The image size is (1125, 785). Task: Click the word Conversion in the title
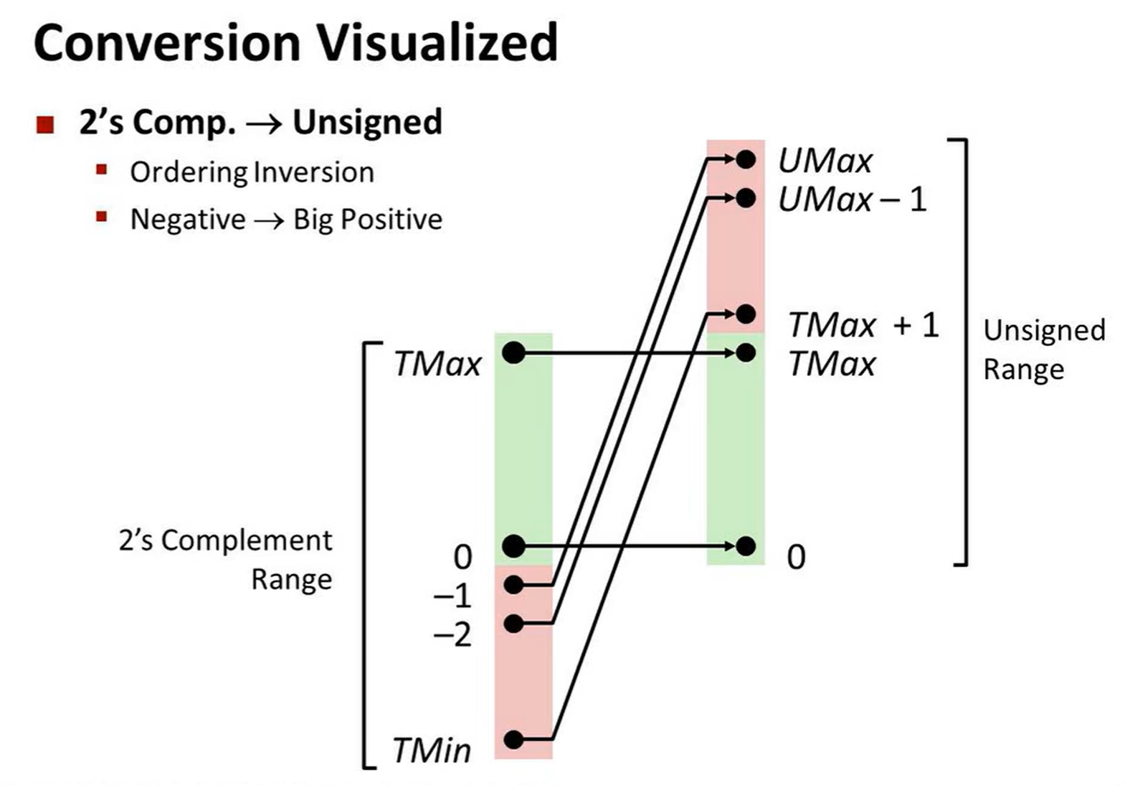[x=167, y=43]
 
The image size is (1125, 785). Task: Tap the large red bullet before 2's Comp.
[x=45, y=125]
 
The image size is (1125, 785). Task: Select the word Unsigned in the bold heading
[x=367, y=122]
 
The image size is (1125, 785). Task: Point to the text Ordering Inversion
[x=252, y=172]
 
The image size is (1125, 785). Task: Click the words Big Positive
[x=368, y=219]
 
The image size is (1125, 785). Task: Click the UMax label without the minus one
[x=825, y=161]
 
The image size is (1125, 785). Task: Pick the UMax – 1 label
[x=853, y=199]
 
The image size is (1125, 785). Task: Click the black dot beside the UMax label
[x=746, y=159]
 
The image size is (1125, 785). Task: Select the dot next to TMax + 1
[x=746, y=314]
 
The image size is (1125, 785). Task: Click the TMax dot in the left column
[x=513, y=352]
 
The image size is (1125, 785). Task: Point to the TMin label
[x=432, y=751]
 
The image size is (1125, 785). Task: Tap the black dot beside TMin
[x=513, y=738]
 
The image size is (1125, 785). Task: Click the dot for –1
[x=513, y=584]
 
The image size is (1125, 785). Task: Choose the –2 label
[x=452, y=634]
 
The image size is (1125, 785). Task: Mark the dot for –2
[x=513, y=623]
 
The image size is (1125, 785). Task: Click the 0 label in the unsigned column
[x=796, y=557]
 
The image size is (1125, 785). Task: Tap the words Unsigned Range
[x=1043, y=349]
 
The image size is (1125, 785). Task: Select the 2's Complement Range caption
[x=226, y=559]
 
